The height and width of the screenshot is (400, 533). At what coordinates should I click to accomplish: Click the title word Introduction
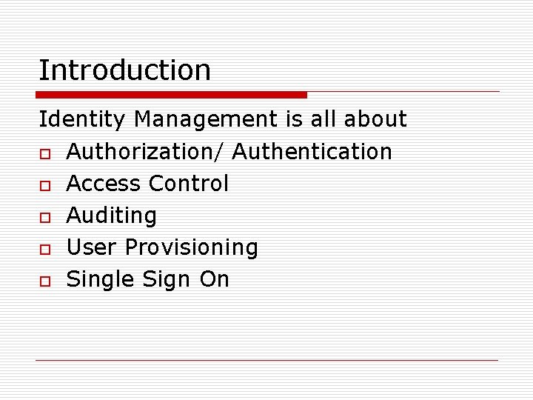tap(124, 70)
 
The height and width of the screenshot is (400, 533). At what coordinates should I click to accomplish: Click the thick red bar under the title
tap(172, 95)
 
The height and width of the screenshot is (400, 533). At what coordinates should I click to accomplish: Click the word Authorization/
tap(146, 152)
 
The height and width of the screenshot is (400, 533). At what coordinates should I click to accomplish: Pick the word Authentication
tap(312, 152)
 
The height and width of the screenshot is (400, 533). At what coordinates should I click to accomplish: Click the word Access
tap(103, 184)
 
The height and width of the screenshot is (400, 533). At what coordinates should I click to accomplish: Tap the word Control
tap(189, 184)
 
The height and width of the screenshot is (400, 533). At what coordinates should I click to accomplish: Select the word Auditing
tap(112, 216)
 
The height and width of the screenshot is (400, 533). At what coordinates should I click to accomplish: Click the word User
tap(92, 247)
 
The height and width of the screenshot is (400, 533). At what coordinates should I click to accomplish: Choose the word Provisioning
tap(192, 247)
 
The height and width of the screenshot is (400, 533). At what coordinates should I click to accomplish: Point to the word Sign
tap(164, 279)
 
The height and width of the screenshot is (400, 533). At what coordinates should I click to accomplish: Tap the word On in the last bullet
tap(214, 279)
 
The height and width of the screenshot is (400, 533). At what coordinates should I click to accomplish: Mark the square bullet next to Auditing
tap(45, 217)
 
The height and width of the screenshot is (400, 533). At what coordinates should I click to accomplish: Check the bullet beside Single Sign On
tap(45, 281)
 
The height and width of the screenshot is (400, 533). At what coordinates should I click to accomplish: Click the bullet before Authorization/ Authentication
tap(45, 153)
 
